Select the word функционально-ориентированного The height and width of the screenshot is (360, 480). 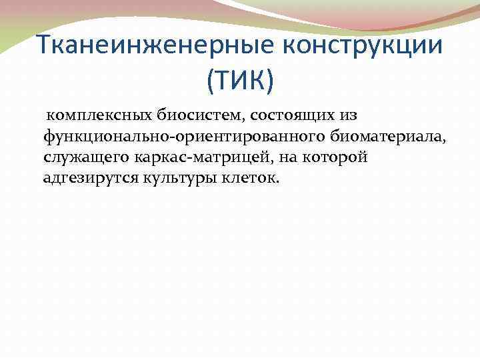[x=184, y=136]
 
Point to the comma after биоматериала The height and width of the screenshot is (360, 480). [x=443, y=140]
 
